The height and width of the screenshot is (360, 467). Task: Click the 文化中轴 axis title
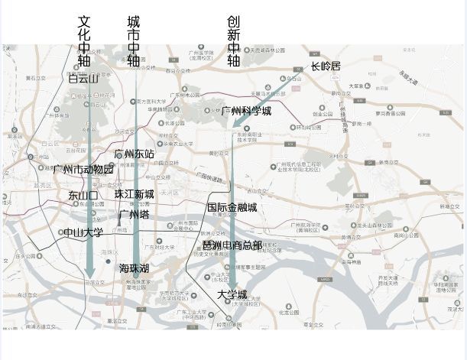(x=84, y=42)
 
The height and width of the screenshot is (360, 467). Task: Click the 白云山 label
(x=83, y=79)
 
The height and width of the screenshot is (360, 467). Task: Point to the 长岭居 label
(x=326, y=67)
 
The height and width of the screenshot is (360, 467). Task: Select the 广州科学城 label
(x=246, y=111)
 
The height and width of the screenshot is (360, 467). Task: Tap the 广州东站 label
(x=135, y=154)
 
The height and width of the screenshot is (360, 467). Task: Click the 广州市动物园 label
(x=83, y=169)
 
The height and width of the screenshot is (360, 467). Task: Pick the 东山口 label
(x=83, y=196)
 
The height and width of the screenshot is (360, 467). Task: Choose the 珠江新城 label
(x=135, y=194)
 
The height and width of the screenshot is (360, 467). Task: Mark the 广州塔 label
(x=134, y=215)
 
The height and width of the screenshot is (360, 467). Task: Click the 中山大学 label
(x=83, y=232)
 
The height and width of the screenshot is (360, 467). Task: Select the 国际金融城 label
(x=232, y=207)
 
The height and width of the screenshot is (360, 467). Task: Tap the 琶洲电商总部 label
(x=232, y=245)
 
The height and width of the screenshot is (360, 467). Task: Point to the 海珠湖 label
(x=134, y=268)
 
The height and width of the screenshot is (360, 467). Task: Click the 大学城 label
(x=232, y=294)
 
